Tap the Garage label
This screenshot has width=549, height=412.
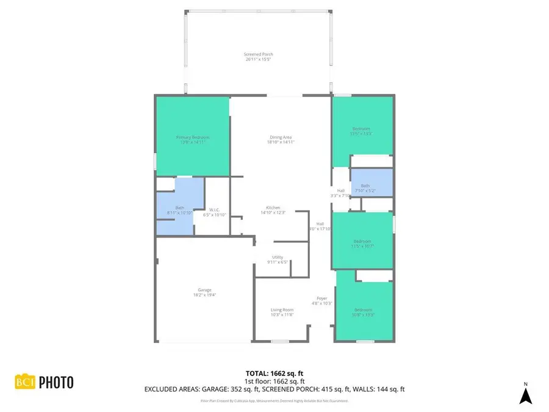[204, 292]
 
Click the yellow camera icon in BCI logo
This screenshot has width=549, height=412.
[26, 382]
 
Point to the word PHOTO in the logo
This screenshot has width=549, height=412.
[56, 383]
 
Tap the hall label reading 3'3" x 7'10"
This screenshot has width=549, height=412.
[340, 193]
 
